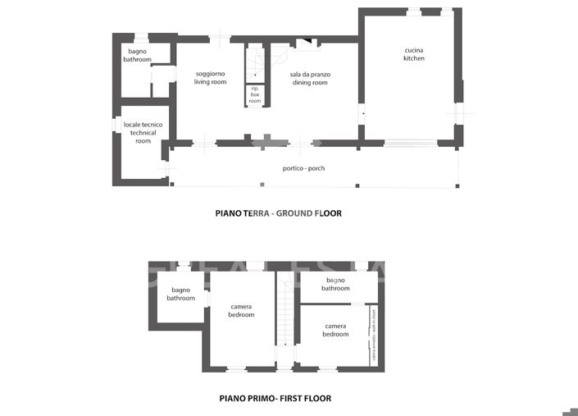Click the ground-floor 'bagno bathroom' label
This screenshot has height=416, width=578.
[x=138, y=56]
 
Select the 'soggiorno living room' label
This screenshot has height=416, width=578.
[x=211, y=78]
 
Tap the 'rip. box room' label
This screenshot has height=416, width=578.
[x=255, y=94]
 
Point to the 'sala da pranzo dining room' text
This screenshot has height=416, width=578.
[x=309, y=78]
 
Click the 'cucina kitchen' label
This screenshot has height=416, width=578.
[x=414, y=54]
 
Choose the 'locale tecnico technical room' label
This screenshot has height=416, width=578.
[x=143, y=133]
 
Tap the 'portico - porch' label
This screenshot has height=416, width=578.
[x=303, y=169]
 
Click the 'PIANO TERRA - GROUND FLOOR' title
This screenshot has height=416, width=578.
[x=278, y=213]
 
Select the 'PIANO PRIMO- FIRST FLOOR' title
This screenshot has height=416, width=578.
[x=275, y=399]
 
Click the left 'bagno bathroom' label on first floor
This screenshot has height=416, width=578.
[x=180, y=294]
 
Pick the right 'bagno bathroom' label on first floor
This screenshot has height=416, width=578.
[x=335, y=284]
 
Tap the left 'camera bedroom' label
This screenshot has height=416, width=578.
[x=241, y=310]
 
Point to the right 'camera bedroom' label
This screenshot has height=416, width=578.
[x=335, y=330]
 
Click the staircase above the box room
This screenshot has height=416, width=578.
[x=255, y=62]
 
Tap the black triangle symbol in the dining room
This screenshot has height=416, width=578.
[x=305, y=43]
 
